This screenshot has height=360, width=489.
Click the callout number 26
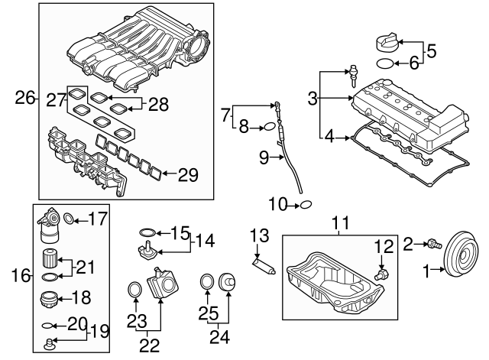tap(25, 97)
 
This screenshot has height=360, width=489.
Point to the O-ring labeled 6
tap(387, 64)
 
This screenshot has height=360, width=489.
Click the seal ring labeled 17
tap(69, 219)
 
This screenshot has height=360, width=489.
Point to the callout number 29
tap(188, 175)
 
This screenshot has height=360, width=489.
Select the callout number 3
tap(313, 98)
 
